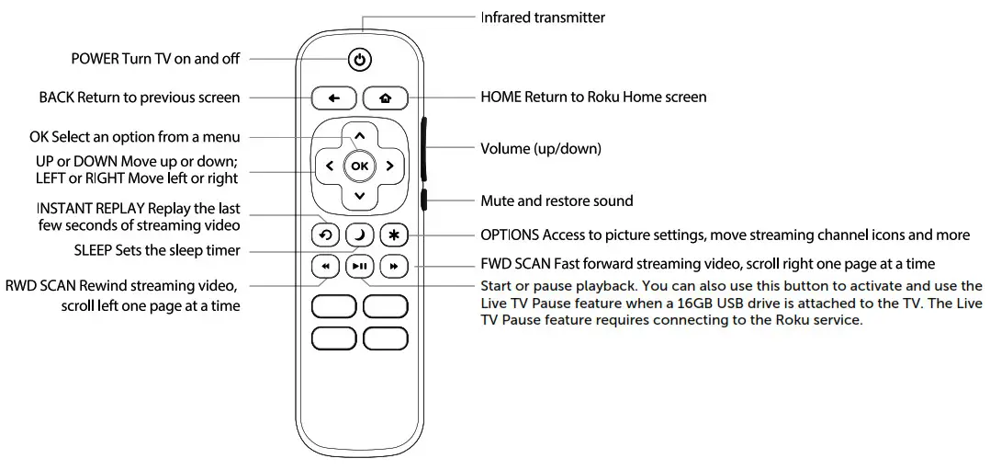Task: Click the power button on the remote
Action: click(x=360, y=61)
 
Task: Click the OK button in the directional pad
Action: click(x=359, y=166)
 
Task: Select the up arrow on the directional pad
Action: click(x=359, y=136)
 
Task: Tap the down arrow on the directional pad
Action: click(x=359, y=196)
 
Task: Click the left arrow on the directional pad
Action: click(x=329, y=166)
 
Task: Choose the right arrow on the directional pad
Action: click(x=389, y=166)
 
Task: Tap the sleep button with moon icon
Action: click(x=359, y=235)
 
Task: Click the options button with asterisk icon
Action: click(x=393, y=235)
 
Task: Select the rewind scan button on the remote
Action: click(x=326, y=267)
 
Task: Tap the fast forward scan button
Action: click(x=393, y=267)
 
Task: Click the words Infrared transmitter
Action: click(x=543, y=17)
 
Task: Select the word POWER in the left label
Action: click(x=95, y=59)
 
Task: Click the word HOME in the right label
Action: click(x=501, y=97)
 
